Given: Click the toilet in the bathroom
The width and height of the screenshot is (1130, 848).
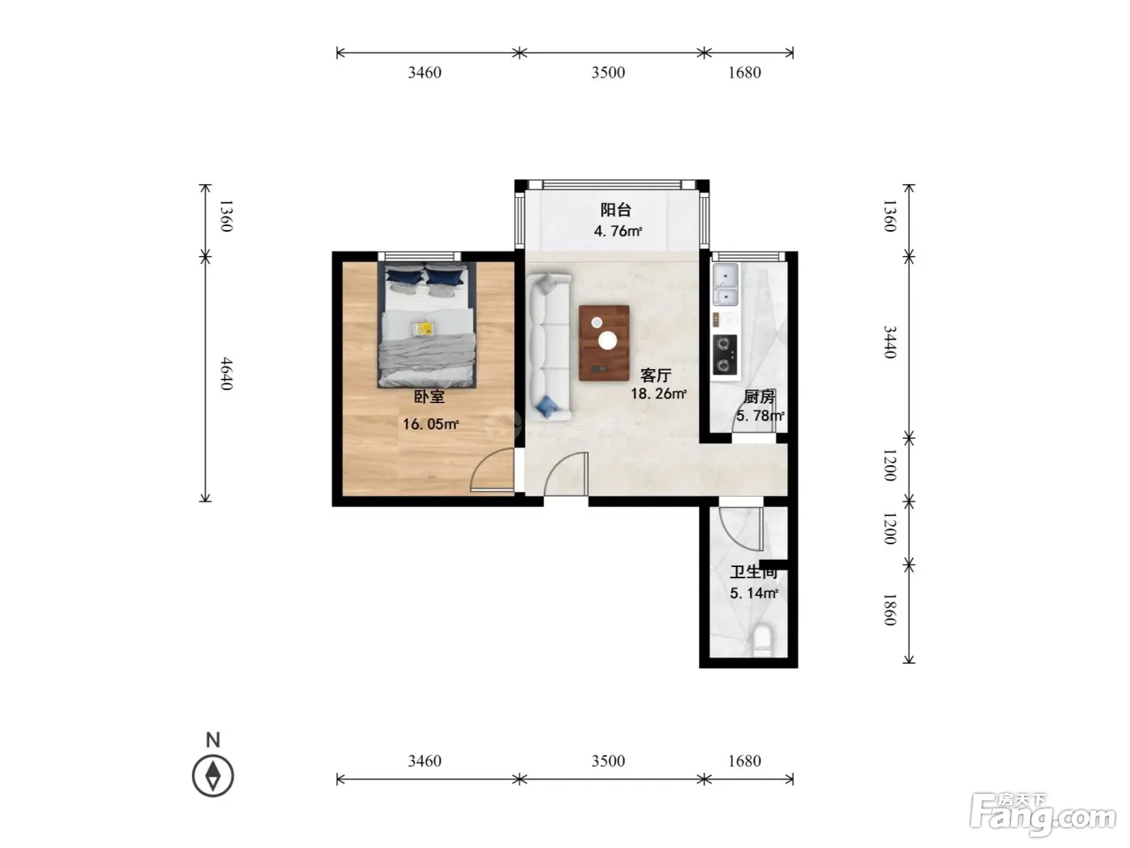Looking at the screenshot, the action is (763, 640).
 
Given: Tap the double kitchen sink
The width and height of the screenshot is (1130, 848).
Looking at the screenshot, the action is (726, 283).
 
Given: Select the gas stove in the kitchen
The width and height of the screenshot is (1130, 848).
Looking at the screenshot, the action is (725, 355).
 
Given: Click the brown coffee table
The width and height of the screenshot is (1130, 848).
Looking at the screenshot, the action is (604, 343).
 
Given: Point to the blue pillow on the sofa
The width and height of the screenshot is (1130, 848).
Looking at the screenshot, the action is (546, 407).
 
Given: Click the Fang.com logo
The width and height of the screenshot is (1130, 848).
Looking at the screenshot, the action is (1043, 815).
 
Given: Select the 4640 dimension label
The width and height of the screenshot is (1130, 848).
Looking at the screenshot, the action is (227, 374).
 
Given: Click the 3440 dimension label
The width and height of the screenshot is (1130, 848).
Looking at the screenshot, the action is (890, 342).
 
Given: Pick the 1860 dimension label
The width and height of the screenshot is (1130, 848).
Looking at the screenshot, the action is (890, 610).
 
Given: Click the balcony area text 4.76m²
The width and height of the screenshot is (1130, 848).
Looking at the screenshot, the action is (617, 231).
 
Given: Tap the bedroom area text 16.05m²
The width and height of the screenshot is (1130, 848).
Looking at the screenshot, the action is (430, 424).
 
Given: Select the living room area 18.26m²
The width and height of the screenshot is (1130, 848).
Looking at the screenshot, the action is (659, 393).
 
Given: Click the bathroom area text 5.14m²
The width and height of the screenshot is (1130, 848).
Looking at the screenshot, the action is (754, 593).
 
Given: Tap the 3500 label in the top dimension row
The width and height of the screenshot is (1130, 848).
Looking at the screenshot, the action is (608, 72).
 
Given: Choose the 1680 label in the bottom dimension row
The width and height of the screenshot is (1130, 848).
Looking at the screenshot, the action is (744, 761).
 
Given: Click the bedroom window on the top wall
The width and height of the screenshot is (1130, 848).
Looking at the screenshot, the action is (419, 256).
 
